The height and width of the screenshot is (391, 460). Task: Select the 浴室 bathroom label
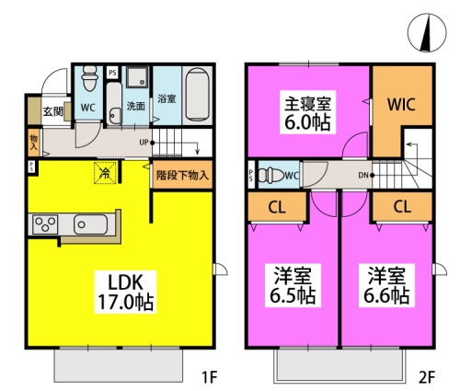167,98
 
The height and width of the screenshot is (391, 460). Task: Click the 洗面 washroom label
135,105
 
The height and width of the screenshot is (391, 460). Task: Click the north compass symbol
426,34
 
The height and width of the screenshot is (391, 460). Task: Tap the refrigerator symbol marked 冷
105,172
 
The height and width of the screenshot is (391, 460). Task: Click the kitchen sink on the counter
91,224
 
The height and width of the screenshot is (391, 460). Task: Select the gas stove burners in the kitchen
45,224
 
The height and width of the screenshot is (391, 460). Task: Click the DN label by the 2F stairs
363,174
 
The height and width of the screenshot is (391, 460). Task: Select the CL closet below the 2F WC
275,207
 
